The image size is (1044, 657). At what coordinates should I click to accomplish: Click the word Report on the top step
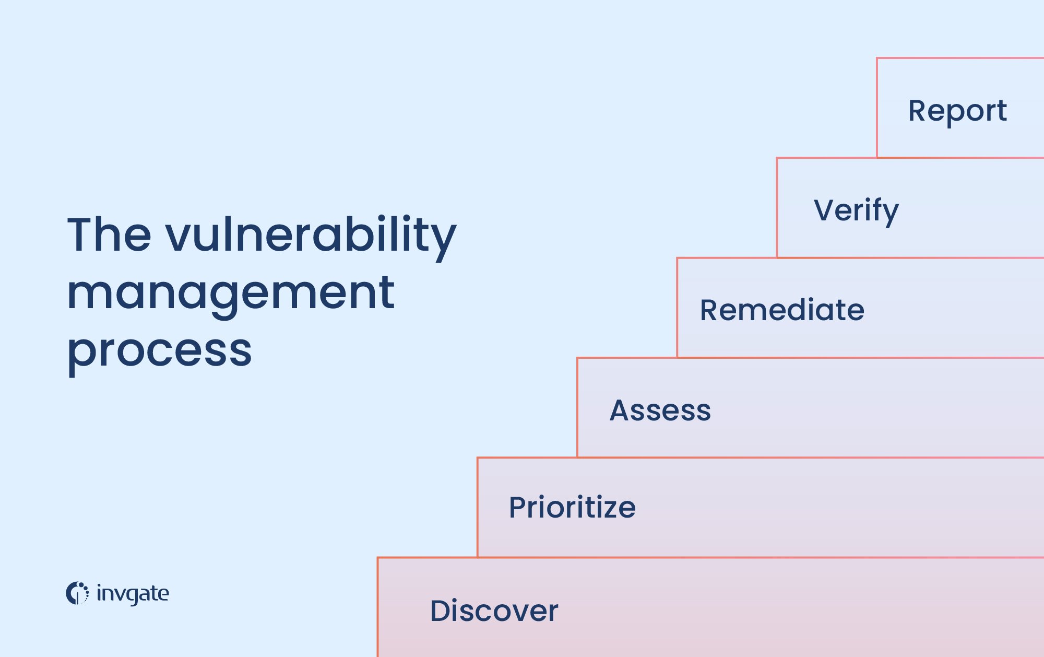point(957,111)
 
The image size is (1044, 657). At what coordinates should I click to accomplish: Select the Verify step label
point(856,210)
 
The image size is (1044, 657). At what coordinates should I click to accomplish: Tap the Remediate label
point(782,310)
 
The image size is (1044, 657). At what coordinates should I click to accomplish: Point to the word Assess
point(660,410)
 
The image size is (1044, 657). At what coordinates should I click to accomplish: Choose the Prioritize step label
point(572,507)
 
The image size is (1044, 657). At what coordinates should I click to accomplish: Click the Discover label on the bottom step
point(494,611)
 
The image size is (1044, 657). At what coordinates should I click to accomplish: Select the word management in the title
point(231,294)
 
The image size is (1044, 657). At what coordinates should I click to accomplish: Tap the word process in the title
point(160,351)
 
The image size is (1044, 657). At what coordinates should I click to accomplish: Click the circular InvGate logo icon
point(77,593)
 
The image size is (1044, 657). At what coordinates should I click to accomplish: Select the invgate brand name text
point(133,594)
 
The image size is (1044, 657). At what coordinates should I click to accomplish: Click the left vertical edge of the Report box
point(877,108)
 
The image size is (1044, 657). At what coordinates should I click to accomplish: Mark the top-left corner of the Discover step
point(378,558)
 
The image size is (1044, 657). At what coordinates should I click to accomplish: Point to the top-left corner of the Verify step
point(777,158)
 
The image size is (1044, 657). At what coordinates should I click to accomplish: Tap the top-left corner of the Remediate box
point(678,258)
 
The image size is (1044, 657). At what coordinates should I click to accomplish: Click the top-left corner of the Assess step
point(577,358)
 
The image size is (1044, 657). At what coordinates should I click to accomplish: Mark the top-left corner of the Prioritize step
point(478,458)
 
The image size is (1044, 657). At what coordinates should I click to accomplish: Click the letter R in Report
point(917,111)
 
